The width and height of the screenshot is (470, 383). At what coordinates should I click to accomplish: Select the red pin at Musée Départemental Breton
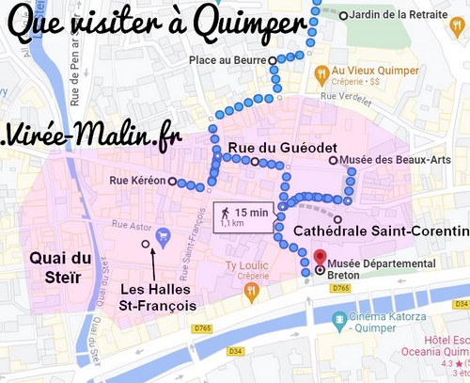coord(319,257)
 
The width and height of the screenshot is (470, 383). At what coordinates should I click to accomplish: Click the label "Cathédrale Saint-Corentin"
coord(381,231)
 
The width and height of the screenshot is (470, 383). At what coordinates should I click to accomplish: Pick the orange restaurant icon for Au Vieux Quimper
coord(321,72)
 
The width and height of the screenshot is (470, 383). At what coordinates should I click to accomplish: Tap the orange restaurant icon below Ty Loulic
coord(250,292)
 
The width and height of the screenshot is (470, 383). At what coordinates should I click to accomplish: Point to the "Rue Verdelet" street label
coord(340,96)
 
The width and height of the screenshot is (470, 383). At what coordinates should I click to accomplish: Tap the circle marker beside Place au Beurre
coord(273,60)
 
